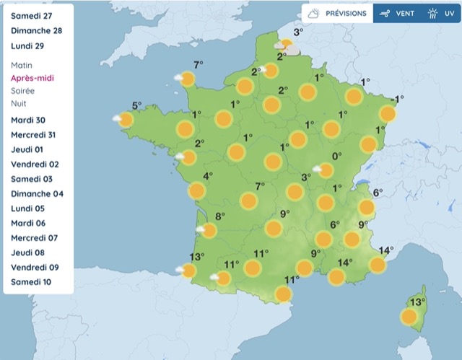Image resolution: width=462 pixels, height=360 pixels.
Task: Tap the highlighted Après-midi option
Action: (32, 78)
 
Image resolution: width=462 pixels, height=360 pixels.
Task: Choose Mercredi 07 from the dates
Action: (34, 237)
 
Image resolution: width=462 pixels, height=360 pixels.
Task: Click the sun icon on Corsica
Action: (409, 317)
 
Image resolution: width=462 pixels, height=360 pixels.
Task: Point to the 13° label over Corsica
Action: (417, 302)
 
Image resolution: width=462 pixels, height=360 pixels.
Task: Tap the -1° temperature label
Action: (396, 99)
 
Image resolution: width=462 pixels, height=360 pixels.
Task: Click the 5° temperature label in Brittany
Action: (136, 105)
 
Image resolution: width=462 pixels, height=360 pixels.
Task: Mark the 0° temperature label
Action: (336, 156)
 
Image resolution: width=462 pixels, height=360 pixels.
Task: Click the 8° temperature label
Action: (220, 216)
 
